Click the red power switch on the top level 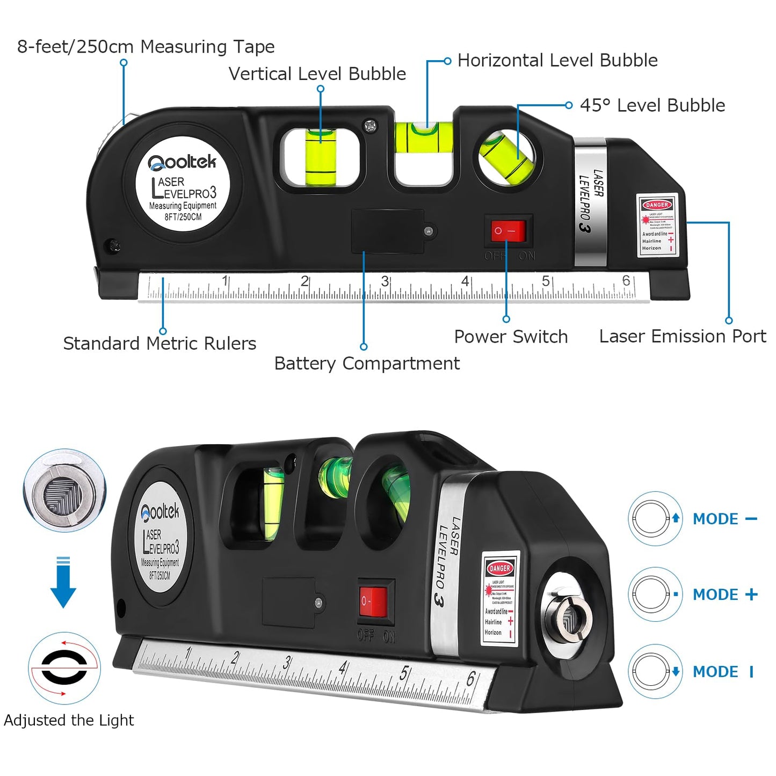pos(507,231)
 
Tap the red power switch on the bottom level pos(373,602)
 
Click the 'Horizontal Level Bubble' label pos(557,60)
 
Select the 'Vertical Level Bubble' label pos(317,74)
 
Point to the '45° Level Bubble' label pos(652,105)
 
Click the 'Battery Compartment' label pos(367,364)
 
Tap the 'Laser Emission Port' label pos(682,336)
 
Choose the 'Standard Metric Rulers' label pos(159,344)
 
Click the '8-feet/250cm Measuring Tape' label pos(146,47)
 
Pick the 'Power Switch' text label pos(511,337)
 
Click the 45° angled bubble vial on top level pos(507,156)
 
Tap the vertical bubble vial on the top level pos(321,156)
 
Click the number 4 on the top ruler pos(465,281)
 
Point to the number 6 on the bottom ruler pos(470,678)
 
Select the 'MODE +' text pos(724,594)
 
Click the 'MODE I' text pos(723,672)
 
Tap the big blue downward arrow pos(63,583)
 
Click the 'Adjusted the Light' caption pos(69,720)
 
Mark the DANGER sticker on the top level pos(657,226)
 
